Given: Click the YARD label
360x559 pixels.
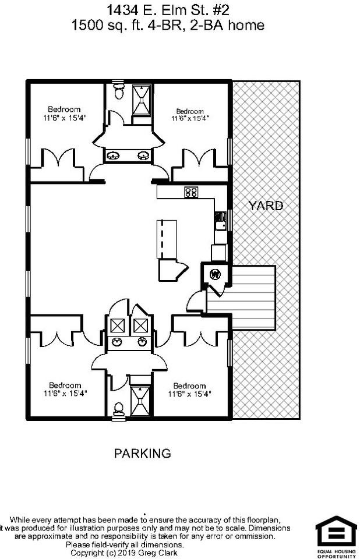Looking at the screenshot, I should [266, 206].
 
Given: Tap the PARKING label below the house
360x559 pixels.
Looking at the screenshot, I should [142, 453].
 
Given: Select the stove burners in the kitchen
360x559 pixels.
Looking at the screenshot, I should [190, 192].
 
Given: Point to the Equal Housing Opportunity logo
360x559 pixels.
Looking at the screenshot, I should [336, 536].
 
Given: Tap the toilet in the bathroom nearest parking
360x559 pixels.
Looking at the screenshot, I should [118, 408].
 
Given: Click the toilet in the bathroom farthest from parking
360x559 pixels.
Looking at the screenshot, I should [118, 91].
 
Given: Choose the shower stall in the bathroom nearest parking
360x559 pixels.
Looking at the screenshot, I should [140, 402].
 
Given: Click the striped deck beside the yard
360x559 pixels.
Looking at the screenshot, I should [241, 298].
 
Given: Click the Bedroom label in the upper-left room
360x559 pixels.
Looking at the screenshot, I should [64, 109].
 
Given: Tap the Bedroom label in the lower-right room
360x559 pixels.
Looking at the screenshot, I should [189, 385].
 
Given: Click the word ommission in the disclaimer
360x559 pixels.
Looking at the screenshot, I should [254, 536].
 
